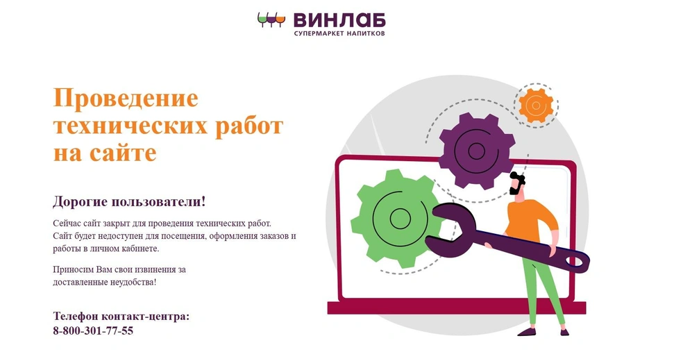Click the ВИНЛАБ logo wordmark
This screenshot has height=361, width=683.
(x=339, y=20)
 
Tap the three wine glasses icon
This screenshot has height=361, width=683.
(x=271, y=19)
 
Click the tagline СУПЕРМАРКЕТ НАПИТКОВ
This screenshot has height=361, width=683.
(x=339, y=33)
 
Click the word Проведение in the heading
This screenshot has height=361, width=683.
(x=126, y=98)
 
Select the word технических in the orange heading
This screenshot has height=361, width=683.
(x=131, y=126)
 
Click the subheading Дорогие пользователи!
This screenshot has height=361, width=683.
(x=129, y=201)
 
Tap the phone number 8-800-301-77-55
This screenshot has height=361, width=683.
(x=93, y=330)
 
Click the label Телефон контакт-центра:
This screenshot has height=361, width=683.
(x=121, y=316)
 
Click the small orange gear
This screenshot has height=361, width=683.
(x=536, y=106)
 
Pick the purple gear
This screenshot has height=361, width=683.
(x=476, y=151)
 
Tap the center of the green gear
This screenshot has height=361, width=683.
(x=400, y=218)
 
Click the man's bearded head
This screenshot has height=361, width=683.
(x=518, y=183)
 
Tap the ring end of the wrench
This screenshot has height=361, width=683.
(x=575, y=261)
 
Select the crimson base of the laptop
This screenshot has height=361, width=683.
(x=457, y=307)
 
